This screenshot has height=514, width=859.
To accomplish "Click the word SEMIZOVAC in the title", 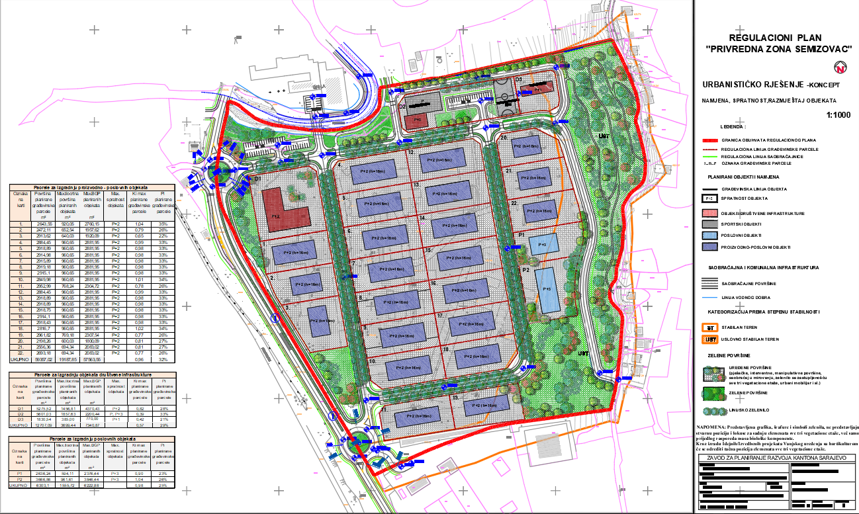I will pyautogui.click(x=815, y=49).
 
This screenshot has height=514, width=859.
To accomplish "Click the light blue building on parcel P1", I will pyautogui.click(x=543, y=244).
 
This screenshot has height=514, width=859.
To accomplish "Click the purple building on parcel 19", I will pyautogui.click(x=486, y=404).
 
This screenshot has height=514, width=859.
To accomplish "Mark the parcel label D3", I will pyautogui.click(x=519, y=79).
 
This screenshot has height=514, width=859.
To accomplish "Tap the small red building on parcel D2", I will pyautogui.click(x=417, y=121).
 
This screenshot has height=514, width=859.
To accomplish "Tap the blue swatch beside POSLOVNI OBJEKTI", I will pyautogui.click(x=710, y=236).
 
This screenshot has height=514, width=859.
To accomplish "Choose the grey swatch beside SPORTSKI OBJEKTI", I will pyautogui.click(x=710, y=224).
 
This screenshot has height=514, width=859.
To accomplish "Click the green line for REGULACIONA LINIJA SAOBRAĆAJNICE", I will pyautogui.click(x=711, y=155).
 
